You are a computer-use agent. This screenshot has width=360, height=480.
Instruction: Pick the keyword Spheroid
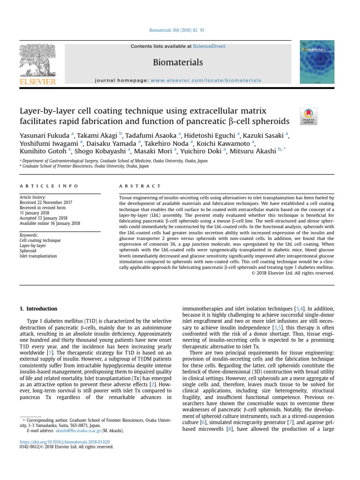(28, 251)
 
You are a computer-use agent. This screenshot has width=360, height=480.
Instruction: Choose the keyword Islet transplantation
(38, 256)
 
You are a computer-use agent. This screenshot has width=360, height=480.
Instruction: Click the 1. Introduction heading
(38, 309)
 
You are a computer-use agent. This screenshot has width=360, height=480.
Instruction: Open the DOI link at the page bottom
(64, 442)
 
